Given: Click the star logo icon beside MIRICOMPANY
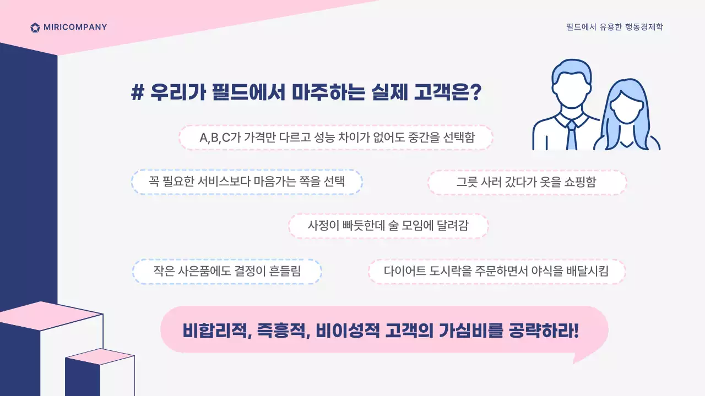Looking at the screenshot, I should pyautogui.click(x=35, y=28).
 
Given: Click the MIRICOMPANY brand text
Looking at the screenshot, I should pyautogui.click(x=75, y=28).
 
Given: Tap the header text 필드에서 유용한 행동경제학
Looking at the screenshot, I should pyautogui.click(x=614, y=27).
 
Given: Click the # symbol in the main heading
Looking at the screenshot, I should pyautogui.click(x=137, y=92).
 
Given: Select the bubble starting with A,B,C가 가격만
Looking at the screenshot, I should pyautogui.click(x=336, y=137).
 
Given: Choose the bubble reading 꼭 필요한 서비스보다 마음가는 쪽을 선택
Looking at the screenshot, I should pyautogui.click(x=247, y=182).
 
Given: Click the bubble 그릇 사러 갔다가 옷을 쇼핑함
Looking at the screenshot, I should pyautogui.click(x=527, y=182).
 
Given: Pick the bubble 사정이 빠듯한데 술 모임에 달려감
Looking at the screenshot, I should pyautogui.click(x=389, y=226).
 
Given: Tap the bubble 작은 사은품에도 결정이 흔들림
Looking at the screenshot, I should pyautogui.click(x=227, y=271).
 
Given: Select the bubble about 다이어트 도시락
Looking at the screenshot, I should pyautogui.click(x=496, y=271).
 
